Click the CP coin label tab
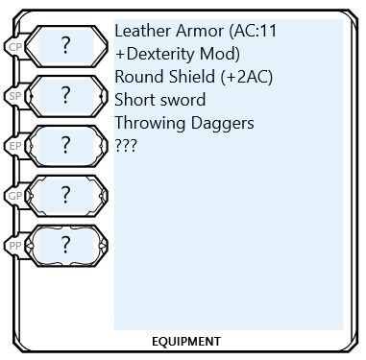tap(13, 45)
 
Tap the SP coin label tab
tap(13, 97)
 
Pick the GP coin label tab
tap(13, 196)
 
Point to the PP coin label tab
tap(13, 244)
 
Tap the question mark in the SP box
tap(66, 95)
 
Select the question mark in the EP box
tap(66, 145)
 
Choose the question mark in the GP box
tap(66, 194)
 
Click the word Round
tap(137, 76)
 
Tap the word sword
tap(184, 99)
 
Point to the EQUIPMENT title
tap(186, 341)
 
